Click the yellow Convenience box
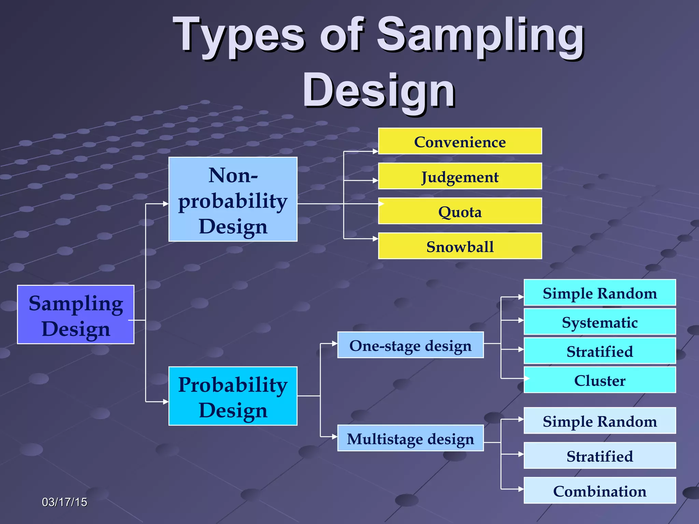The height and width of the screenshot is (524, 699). click(x=460, y=141)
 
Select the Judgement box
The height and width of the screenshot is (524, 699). click(x=460, y=176)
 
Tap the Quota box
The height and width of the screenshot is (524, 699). click(x=460, y=211)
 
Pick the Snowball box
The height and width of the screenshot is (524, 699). click(x=460, y=246)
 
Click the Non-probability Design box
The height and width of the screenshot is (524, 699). click(x=233, y=200)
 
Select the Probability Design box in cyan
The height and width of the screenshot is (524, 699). click(x=233, y=396)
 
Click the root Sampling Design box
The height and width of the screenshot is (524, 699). click(x=76, y=315)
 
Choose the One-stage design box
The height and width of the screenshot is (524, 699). click(x=410, y=345)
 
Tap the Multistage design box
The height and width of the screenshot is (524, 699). click(x=410, y=438)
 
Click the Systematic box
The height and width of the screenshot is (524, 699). click(x=600, y=322)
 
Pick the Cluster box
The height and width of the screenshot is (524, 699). click(x=600, y=380)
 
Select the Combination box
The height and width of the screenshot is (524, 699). click(x=600, y=491)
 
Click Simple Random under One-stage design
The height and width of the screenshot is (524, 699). click(x=600, y=293)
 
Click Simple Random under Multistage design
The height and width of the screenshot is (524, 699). click(x=600, y=421)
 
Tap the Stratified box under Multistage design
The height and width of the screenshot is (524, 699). click(x=600, y=455)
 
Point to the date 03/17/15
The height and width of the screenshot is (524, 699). click(x=65, y=502)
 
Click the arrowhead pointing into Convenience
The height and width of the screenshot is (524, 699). click(x=375, y=151)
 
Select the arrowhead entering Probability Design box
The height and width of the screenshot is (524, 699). click(x=166, y=402)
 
